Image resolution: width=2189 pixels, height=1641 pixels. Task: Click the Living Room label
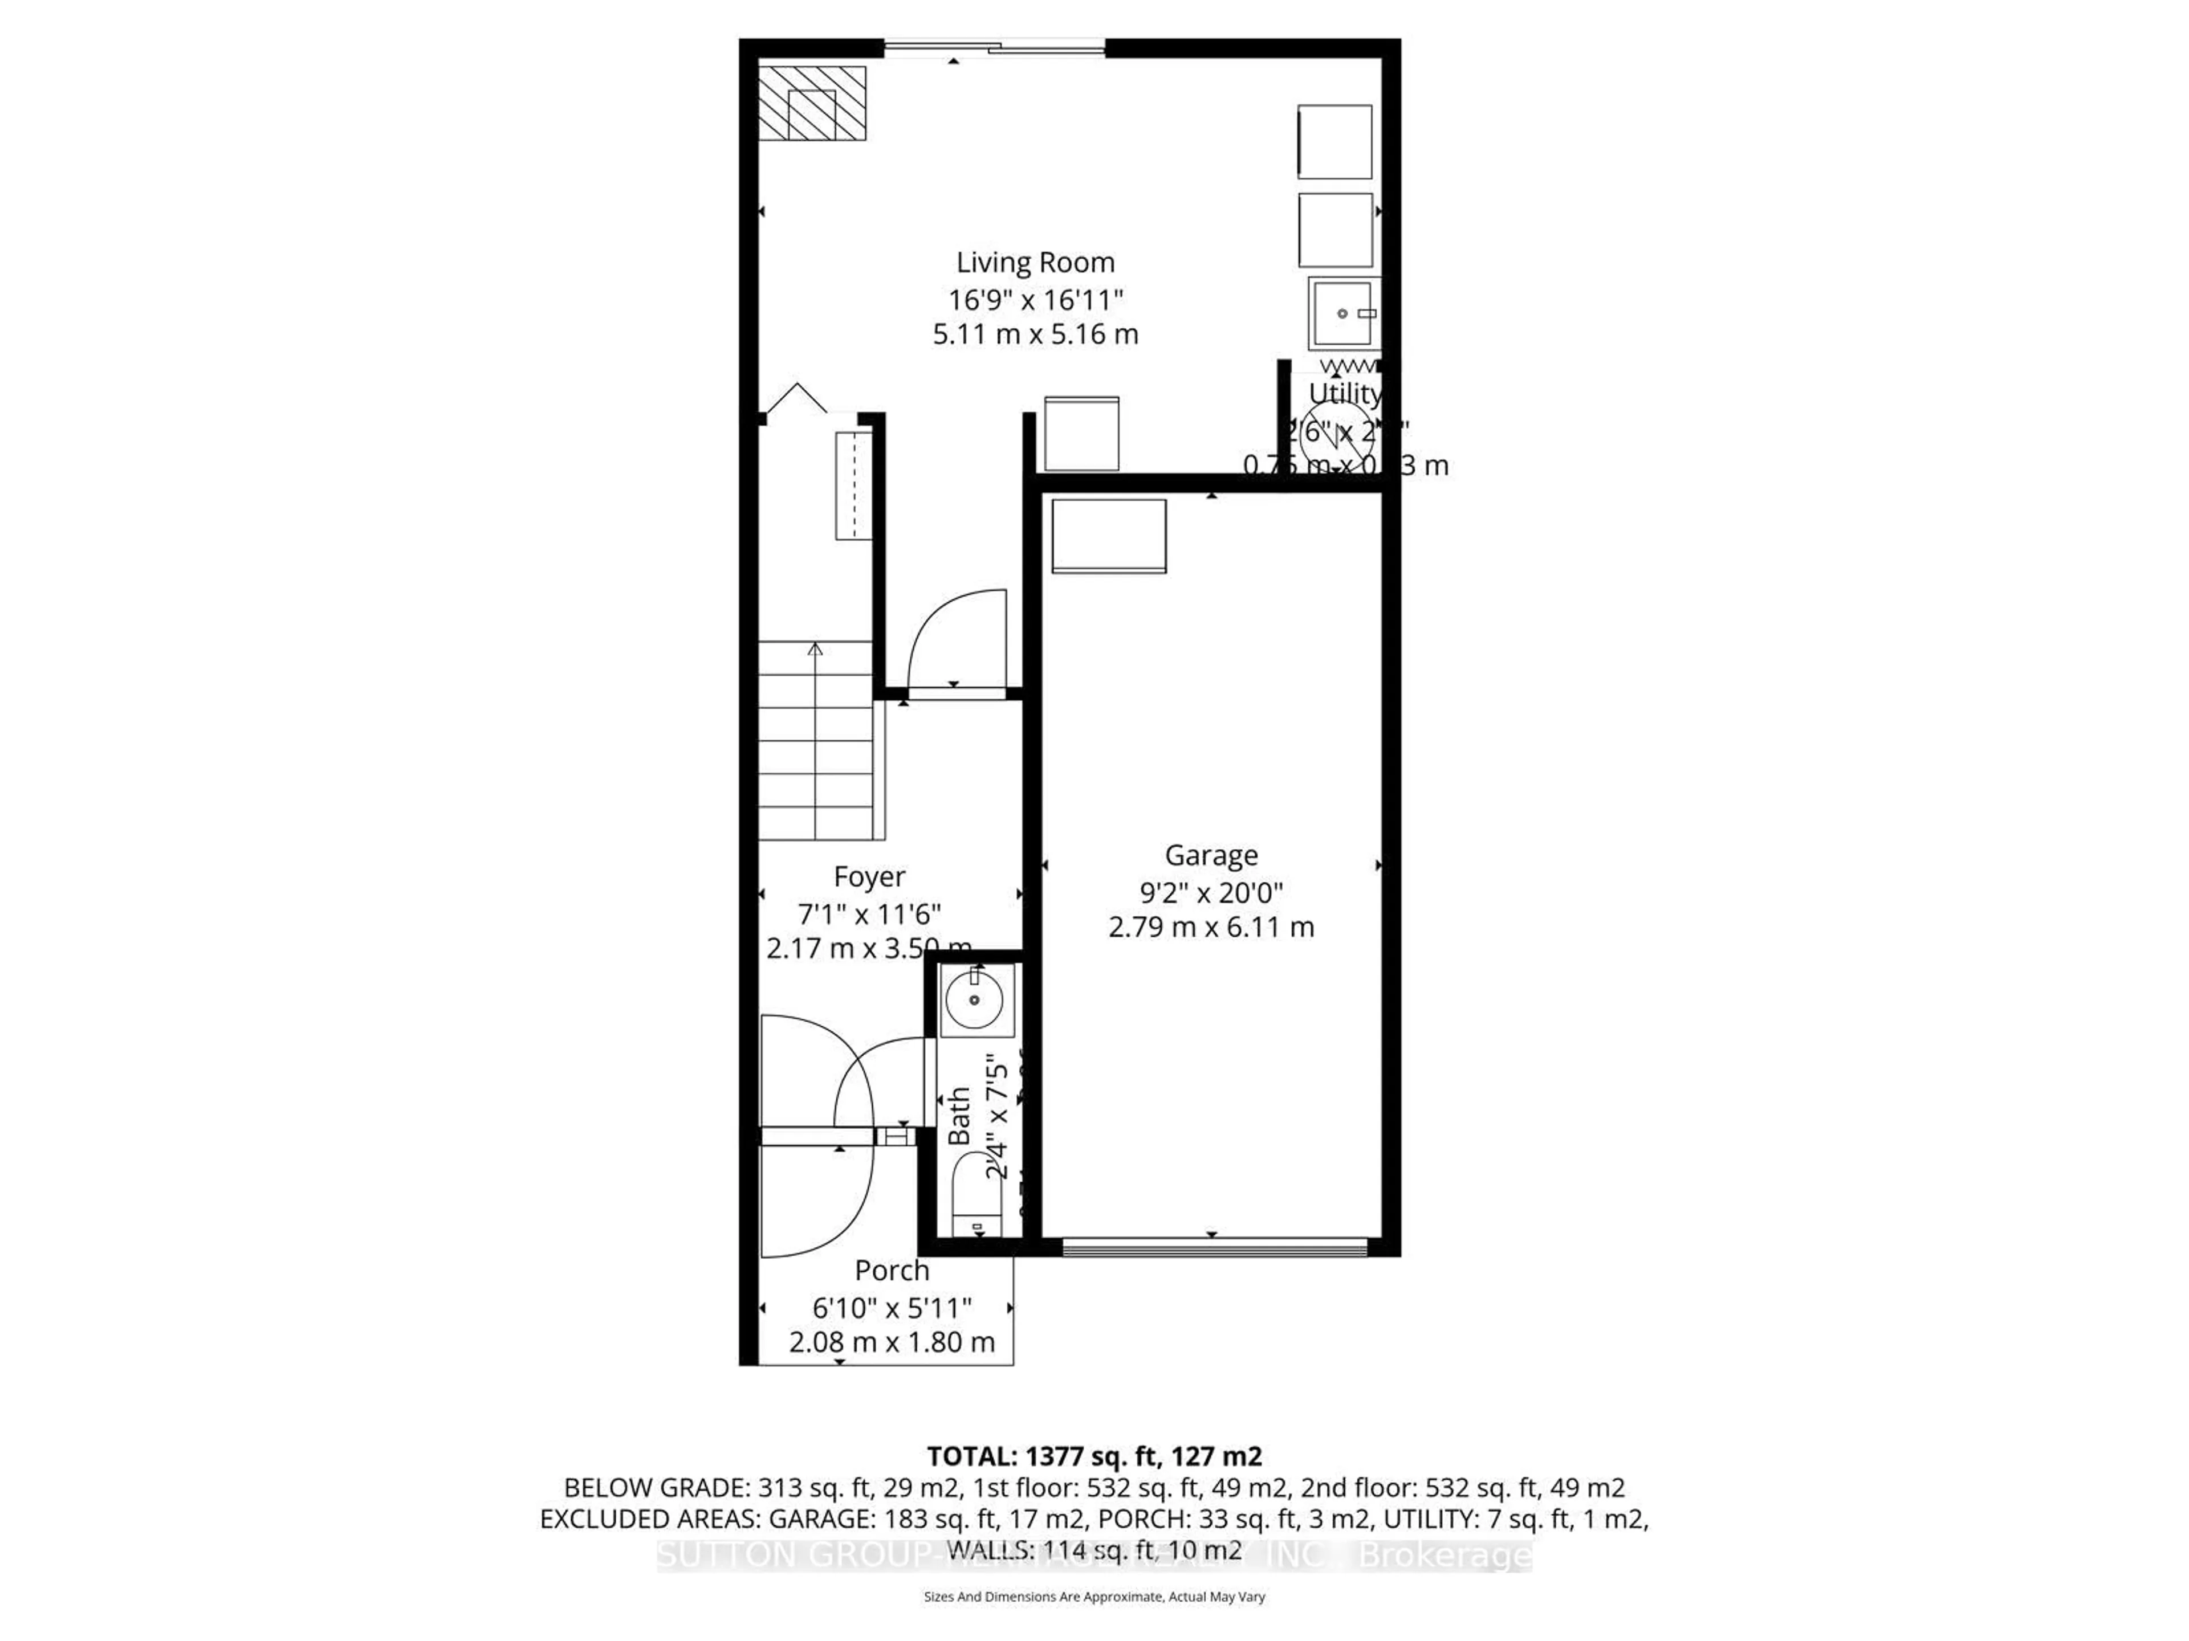[x=1035, y=263]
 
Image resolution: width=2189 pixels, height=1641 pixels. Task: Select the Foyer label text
[x=869, y=877]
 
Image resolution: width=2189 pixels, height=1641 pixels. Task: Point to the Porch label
[x=892, y=1270]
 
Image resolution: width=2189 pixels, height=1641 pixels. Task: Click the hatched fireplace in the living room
[x=812, y=103]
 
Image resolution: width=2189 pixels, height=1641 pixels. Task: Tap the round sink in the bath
[x=975, y=1000]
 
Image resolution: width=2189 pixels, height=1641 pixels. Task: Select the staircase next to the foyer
[x=815, y=741]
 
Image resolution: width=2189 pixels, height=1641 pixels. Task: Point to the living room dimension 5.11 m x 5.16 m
[x=1035, y=334]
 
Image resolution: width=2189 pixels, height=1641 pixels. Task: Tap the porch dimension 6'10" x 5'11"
[x=892, y=1309]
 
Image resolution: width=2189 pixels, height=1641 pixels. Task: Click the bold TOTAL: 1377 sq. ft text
[x=1093, y=1456]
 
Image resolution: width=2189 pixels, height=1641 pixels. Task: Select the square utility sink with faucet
[x=1343, y=313]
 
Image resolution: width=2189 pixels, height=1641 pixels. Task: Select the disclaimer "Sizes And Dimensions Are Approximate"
[x=1093, y=1597]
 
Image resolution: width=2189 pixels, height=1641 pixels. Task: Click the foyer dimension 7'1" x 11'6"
[x=869, y=913]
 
